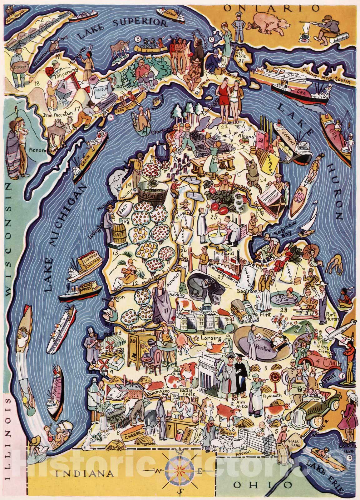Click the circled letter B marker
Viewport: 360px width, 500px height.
(137, 39)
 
